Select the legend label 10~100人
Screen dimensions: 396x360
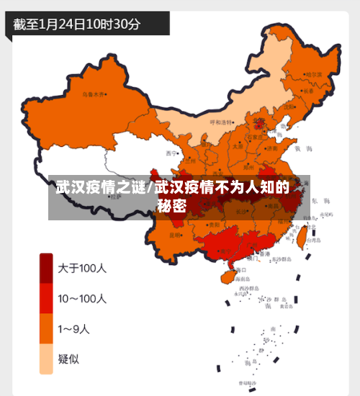(82, 298)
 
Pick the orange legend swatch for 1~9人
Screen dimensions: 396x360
(46, 329)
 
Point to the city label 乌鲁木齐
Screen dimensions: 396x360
(93, 94)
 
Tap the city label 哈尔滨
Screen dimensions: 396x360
(314, 74)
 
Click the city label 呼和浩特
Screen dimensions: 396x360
(222, 122)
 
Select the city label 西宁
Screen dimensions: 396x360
(171, 153)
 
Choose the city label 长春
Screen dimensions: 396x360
(309, 91)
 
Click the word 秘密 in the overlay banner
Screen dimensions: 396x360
(173, 205)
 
